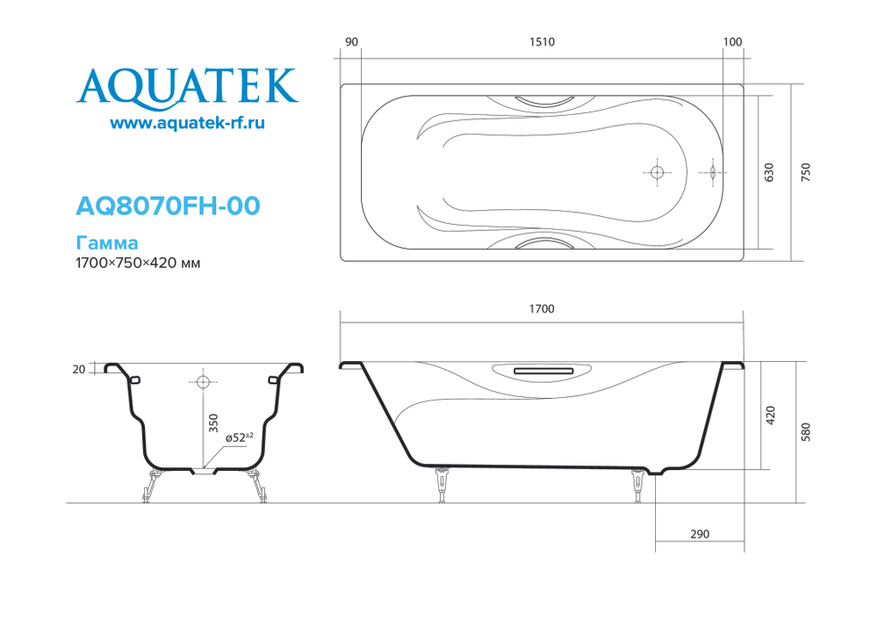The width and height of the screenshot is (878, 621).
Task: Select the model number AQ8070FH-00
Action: tap(168, 206)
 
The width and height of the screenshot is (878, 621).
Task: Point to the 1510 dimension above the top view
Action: tap(542, 42)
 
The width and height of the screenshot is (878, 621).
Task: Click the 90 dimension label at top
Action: tap(351, 42)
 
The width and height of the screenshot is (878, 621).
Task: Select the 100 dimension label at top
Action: tap(733, 42)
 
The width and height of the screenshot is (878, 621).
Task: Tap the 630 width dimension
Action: tap(769, 172)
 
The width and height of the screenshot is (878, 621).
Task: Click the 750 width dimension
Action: tap(805, 172)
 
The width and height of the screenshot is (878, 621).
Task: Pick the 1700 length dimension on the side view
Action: tap(542, 308)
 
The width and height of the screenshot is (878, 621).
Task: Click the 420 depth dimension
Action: tap(770, 414)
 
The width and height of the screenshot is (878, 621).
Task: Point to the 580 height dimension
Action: tap(805, 431)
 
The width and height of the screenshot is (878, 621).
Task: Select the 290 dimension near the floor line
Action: tap(699, 534)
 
